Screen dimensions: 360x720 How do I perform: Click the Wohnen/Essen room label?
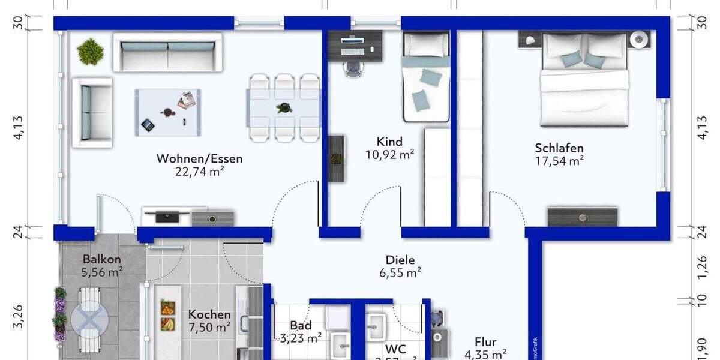click(x=199, y=159)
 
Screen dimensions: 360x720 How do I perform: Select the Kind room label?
click(x=389, y=142)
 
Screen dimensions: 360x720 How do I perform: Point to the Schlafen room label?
click(x=559, y=148)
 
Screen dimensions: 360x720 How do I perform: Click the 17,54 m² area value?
click(x=559, y=161)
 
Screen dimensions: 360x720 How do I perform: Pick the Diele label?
click(x=400, y=260)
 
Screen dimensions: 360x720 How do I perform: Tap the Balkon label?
click(x=102, y=259)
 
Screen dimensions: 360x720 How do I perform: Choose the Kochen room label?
click(x=209, y=314)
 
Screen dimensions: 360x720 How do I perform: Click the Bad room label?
click(x=301, y=326)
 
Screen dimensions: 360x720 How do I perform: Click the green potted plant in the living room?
click(x=91, y=51)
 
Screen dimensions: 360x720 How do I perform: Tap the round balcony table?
click(x=90, y=318)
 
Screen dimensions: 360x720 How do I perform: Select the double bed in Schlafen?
click(x=585, y=81)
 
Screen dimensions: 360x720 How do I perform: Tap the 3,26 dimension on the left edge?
click(x=18, y=316)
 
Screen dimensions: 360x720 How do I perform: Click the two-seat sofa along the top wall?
click(x=167, y=52)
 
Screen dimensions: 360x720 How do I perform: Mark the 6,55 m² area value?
click(x=400, y=272)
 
